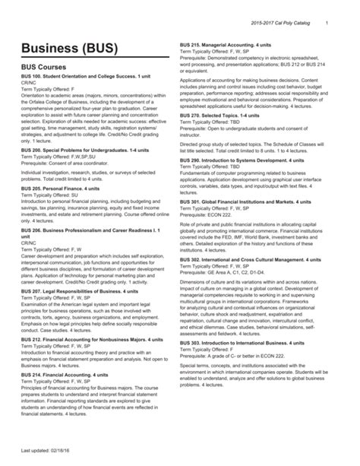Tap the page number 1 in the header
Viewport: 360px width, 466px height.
[326, 8]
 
